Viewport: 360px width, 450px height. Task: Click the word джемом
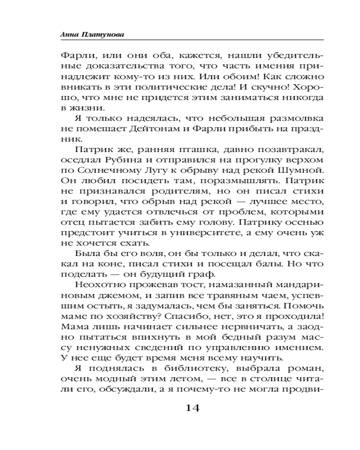(96, 297)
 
